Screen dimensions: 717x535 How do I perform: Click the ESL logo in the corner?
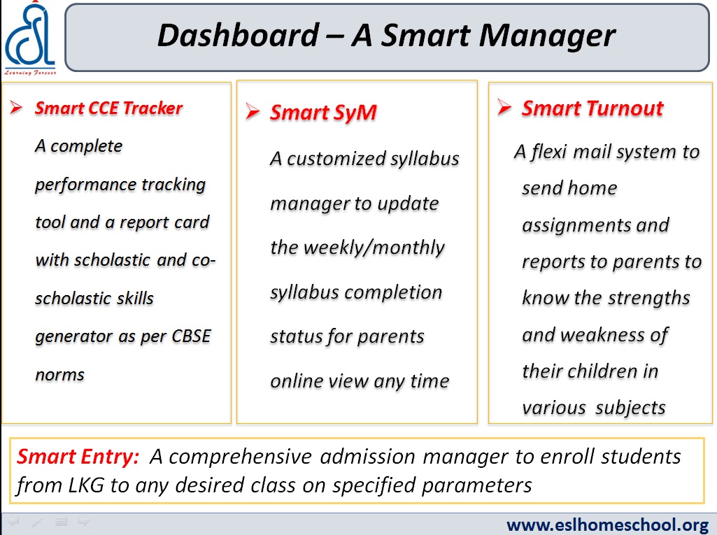pos(30,38)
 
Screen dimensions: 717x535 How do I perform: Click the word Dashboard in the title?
pos(238,35)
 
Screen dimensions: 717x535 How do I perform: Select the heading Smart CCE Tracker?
pos(109,108)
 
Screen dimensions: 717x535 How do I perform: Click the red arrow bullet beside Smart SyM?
pos(253,111)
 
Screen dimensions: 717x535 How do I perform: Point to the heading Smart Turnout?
pos(592,108)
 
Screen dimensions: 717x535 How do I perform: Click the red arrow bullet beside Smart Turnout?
pos(504,107)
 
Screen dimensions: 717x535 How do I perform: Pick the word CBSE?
pos(191,336)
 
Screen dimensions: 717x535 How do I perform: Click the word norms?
pos(60,375)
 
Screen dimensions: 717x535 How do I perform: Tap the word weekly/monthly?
pos(357,248)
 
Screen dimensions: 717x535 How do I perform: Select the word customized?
pos(336,159)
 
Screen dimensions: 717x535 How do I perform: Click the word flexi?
pos(549,151)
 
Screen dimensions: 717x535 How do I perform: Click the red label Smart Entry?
pos(78,457)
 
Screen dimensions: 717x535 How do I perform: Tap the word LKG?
pos(86,485)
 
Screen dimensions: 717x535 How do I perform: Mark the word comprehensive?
pos(240,457)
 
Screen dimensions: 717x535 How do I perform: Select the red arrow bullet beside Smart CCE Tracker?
pos(17,108)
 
